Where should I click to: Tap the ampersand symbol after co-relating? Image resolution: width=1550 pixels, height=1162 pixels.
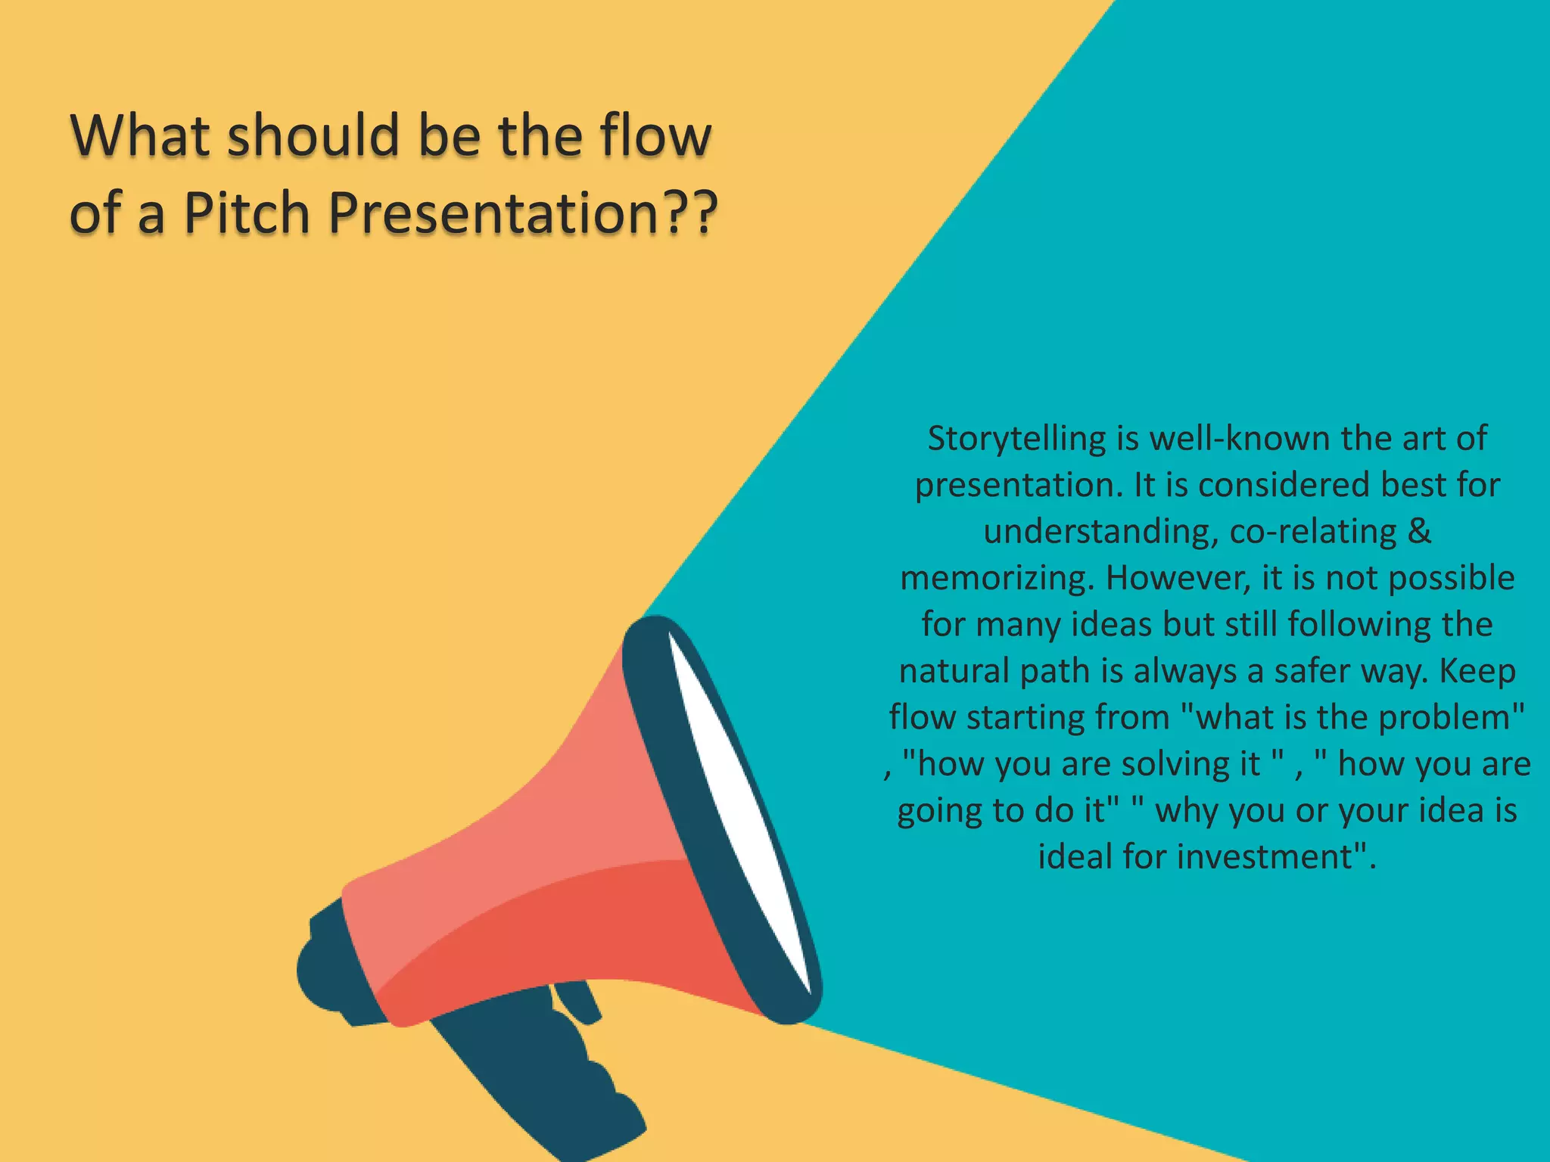pos(1420,531)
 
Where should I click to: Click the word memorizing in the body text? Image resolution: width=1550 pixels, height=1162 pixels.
pos(997,578)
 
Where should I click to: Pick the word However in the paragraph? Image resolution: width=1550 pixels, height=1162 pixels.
pos(1177,578)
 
